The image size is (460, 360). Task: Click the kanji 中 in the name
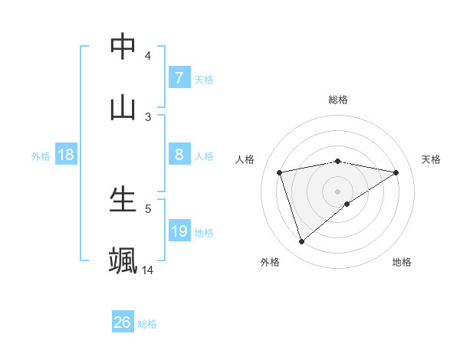coord(123,46)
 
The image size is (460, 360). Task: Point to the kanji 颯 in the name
coord(123,260)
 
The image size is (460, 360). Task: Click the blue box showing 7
coord(179,77)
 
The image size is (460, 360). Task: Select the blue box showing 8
coord(179,155)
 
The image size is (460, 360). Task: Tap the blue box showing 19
coord(179,231)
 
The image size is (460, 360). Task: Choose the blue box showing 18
coord(66,155)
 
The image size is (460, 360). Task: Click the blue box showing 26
coord(123,322)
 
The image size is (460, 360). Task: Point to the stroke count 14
coord(148,270)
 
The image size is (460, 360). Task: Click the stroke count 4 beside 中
coord(148,56)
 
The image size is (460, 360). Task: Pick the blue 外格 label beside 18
coord(41,155)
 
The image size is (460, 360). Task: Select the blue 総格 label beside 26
coord(147,324)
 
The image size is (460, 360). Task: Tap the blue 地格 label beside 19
coord(204,232)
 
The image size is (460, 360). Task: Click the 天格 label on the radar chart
coord(431,159)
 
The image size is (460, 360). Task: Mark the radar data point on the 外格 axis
coord(301,242)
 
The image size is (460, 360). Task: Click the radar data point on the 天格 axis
coord(396,172)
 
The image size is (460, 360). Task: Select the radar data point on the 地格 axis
coord(347,204)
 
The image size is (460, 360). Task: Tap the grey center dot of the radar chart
coord(337,191)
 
